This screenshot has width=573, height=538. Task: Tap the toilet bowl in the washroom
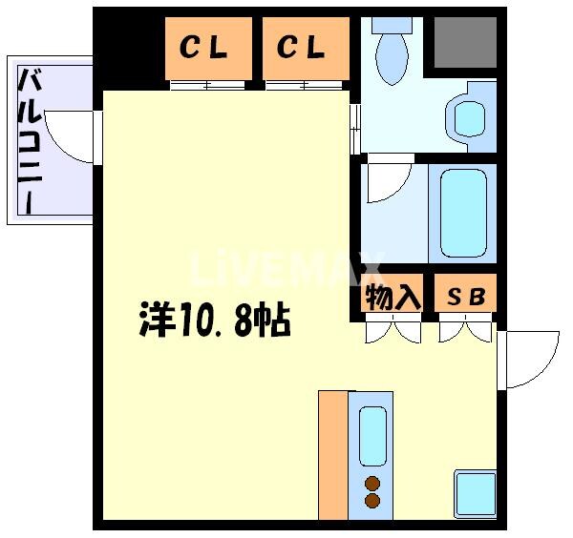coord(391,59)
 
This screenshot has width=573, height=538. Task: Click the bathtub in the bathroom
coord(463,211)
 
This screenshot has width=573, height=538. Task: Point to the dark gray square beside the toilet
coord(465,43)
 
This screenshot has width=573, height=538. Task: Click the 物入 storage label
coord(393,297)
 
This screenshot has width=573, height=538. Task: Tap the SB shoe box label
coord(467,297)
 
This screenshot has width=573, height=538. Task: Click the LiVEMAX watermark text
coord(286,268)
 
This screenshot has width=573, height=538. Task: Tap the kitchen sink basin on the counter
coord(372,435)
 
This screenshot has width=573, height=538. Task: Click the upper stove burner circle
coord(372,482)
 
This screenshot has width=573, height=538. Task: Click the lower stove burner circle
coord(372,501)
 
